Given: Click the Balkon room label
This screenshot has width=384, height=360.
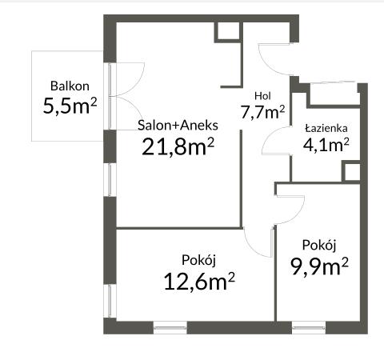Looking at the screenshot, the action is (70, 86).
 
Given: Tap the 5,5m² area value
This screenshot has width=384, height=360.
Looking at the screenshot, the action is (70, 106).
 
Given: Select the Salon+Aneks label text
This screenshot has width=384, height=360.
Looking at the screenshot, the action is (178, 126).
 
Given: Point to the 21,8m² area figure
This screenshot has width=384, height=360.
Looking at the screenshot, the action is (178, 146).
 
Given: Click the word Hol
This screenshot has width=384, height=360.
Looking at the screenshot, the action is (262, 96).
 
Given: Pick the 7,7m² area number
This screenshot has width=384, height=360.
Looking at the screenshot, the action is (262, 112).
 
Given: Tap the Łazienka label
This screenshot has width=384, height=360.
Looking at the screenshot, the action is (326, 128).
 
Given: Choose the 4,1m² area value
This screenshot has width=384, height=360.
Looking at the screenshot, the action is (326, 145).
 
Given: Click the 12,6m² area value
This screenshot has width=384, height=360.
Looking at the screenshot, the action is (199, 281).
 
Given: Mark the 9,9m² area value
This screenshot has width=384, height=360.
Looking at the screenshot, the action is (319, 266).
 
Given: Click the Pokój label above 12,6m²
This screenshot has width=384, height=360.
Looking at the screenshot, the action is (198, 260).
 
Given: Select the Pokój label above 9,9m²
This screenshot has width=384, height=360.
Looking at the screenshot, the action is (319, 245).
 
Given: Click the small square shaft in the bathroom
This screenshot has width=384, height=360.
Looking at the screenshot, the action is (351, 172).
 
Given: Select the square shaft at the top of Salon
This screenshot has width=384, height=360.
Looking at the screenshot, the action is (228, 32).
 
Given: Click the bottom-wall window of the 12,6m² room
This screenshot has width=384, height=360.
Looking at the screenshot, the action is (170, 327).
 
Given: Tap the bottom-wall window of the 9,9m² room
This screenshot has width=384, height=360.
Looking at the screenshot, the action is (309, 327).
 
